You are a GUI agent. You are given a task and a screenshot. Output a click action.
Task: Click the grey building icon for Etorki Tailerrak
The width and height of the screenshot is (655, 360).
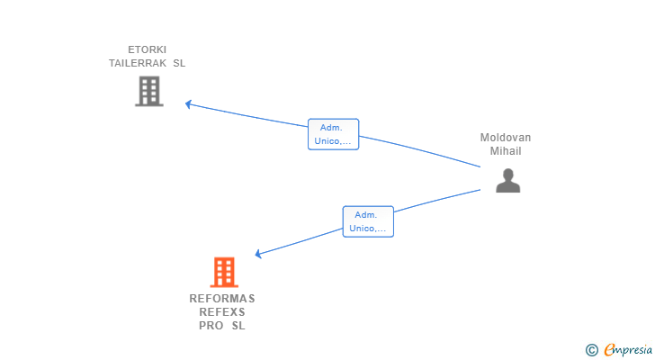point(149,91)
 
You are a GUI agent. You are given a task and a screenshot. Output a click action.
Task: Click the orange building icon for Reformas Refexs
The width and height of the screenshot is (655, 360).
point(224,272)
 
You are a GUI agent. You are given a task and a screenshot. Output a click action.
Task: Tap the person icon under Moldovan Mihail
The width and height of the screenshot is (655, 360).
point(508,182)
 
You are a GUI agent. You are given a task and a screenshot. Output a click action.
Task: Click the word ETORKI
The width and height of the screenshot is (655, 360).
point(148,49)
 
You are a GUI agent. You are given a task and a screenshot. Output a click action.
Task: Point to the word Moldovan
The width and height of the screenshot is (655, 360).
point(506,138)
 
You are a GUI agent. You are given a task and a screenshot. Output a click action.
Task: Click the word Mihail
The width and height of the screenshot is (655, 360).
point(506,151)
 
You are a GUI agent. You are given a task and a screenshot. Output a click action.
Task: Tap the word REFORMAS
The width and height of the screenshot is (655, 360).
point(222,298)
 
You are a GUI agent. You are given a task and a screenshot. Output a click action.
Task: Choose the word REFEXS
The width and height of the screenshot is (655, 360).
point(222,312)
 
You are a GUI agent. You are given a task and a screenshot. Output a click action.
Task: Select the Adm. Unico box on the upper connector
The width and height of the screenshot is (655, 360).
point(333,134)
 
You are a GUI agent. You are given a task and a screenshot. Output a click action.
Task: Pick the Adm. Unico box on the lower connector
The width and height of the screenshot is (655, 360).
point(368,221)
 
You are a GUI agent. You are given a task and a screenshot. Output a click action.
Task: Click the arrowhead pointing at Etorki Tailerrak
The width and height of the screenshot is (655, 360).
point(189,103)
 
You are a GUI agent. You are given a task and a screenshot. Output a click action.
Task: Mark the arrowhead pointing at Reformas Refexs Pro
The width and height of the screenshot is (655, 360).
point(258,255)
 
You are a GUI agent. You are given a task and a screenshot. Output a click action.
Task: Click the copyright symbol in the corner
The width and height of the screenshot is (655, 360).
point(591,349)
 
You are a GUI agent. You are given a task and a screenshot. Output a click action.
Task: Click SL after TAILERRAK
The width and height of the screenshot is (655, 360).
point(179,64)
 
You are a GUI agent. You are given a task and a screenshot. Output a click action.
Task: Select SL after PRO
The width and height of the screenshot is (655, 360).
point(238,326)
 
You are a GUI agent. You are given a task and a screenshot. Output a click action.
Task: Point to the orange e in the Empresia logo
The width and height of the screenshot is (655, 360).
point(609,349)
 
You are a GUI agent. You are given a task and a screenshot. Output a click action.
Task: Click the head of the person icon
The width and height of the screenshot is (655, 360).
point(508,174)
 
